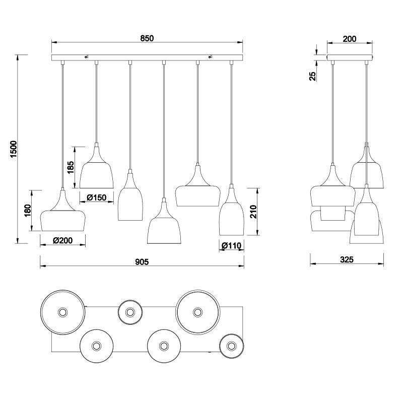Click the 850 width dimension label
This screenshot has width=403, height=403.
[147, 38]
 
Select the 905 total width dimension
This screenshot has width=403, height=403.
[142, 261]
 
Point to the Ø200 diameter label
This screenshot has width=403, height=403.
[63, 241]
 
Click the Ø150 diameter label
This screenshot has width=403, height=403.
[96, 197]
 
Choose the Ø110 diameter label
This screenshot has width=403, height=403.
[232, 246]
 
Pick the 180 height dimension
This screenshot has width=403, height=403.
[28, 210]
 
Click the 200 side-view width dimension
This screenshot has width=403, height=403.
[349, 39]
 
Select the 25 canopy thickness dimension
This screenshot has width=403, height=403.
[313, 76]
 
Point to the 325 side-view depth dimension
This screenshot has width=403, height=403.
[347, 260]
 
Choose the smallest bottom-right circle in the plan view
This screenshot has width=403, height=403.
[232, 346]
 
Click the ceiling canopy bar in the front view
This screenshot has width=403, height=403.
[147, 58]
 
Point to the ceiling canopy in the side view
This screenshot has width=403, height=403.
[349, 58]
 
